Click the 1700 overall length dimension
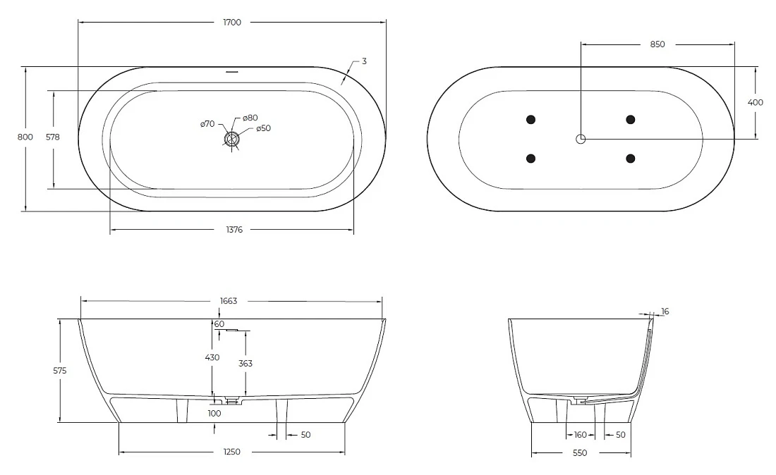232,23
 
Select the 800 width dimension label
25,137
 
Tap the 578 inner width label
53,137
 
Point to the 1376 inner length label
235,229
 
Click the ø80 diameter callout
250,118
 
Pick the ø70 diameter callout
207,123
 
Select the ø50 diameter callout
263,128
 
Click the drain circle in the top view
231,139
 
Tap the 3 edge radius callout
364,61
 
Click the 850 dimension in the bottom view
657,44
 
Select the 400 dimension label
756,102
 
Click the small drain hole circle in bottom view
581,139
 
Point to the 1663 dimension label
229,300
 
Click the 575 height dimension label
60,370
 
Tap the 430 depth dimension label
212,357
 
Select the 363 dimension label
245,363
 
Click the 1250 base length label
232,452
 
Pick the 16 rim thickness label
665,311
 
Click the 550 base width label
579,452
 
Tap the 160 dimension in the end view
581,435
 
